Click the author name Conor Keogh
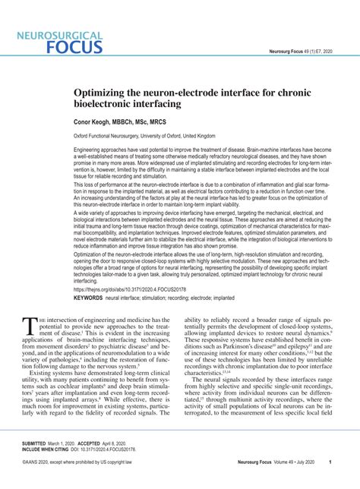click(x=95, y=122)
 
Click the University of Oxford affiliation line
click(x=144, y=136)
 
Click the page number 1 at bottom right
click(x=330, y=461)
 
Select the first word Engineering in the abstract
click(x=89, y=151)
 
